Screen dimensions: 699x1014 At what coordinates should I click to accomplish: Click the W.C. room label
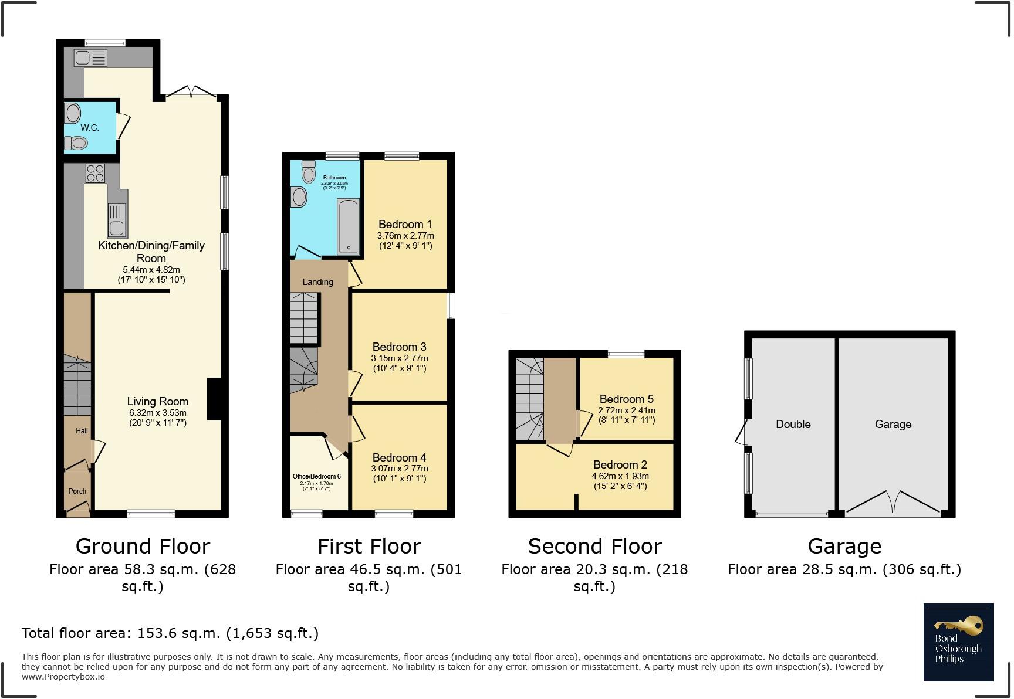point(89,127)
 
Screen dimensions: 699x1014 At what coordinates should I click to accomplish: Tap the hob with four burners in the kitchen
point(95,174)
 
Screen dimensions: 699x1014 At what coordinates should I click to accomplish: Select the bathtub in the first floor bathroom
point(348,226)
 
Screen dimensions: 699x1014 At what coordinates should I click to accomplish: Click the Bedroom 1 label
point(405,224)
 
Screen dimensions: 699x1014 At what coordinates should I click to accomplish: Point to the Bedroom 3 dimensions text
point(400,363)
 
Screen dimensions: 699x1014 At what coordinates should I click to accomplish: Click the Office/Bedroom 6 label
point(316,476)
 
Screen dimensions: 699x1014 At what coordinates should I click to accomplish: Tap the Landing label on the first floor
point(317,282)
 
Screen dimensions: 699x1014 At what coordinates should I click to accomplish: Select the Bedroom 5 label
point(626,399)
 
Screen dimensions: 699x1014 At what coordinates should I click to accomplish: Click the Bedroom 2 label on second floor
point(620,464)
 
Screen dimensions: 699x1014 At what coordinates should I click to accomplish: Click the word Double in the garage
point(793,424)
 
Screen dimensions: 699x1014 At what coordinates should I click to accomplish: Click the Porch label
point(77,491)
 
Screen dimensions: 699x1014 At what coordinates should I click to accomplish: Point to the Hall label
point(82,431)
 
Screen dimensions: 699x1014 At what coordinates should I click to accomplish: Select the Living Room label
point(157,402)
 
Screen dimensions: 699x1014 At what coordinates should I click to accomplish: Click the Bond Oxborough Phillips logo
point(958,642)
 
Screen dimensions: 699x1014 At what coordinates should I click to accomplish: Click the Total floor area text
point(170,633)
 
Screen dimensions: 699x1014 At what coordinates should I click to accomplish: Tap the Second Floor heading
point(594,547)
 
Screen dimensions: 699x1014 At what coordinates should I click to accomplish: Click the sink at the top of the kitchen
point(90,57)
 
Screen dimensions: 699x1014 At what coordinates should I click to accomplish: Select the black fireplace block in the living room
point(214,399)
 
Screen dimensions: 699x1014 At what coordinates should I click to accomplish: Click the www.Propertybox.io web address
point(63,677)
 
